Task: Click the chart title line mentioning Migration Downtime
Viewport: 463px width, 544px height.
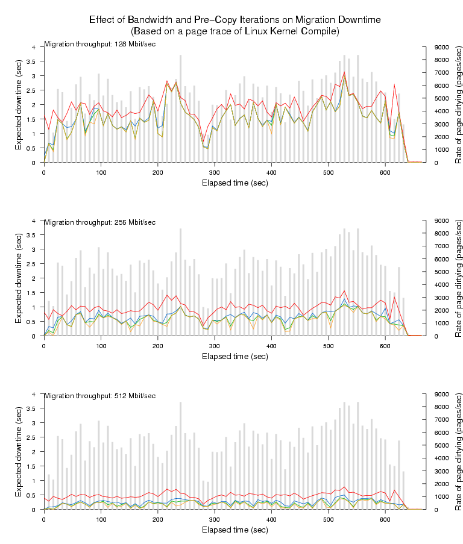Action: (235, 20)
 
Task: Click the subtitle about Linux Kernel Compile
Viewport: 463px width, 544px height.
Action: (235, 31)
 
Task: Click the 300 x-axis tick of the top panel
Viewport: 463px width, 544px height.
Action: (215, 172)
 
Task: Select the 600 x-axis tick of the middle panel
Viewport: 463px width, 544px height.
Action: (385, 345)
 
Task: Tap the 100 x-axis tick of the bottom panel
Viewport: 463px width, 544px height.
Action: (101, 519)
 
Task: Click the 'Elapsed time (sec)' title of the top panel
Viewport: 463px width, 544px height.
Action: (235, 183)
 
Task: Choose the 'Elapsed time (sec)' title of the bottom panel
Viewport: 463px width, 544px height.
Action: (235, 530)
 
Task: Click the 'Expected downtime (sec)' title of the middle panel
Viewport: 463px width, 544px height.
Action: (19, 278)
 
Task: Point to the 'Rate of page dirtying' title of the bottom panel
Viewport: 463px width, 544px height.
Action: (458, 452)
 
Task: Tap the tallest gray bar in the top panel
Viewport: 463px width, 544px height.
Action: (180, 108)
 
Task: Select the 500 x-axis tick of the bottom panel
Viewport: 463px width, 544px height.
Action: (329, 519)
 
